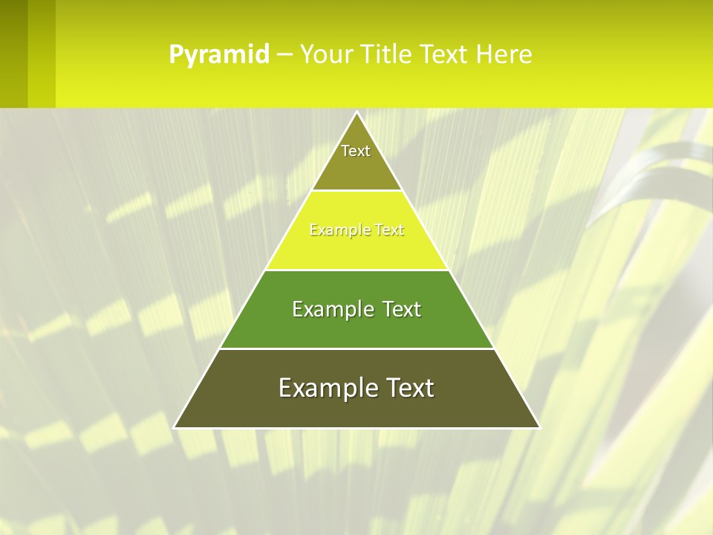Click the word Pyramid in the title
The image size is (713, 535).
tap(219, 55)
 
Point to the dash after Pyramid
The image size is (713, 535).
tap(284, 55)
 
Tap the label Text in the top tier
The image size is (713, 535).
tap(356, 151)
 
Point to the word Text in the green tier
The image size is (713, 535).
tap(400, 309)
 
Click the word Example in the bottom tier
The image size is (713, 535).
tap(325, 388)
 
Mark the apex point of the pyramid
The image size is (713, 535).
tap(356, 113)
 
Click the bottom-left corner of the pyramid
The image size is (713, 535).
tap(175, 427)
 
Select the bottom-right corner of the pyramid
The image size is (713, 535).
tap(539, 427)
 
